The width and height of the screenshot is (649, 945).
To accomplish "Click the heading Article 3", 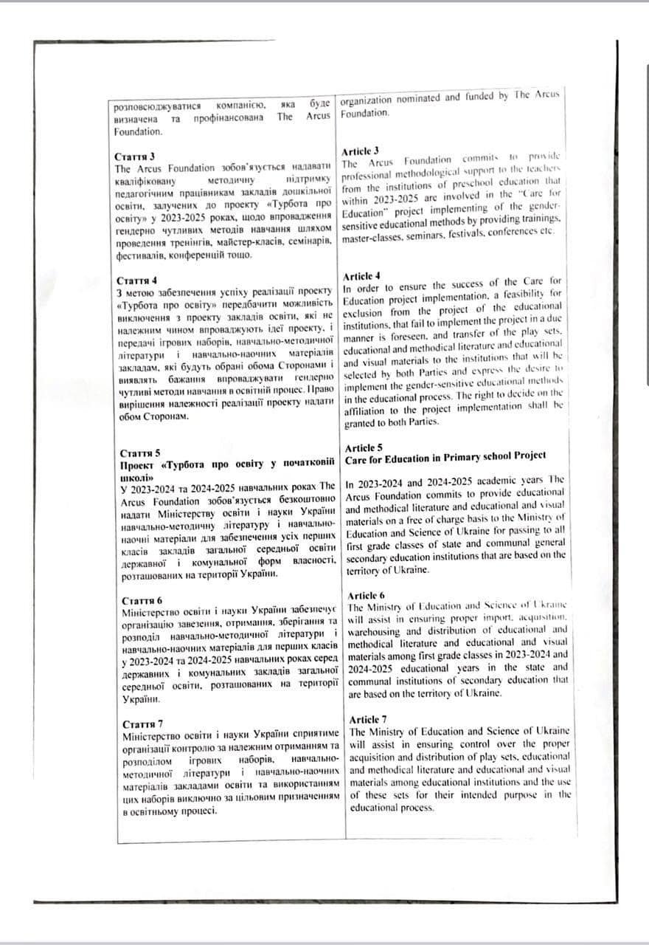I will pyautogui.click(x=361, y=151).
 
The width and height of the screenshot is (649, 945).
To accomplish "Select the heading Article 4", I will pyautogui.click(x=361, y=275).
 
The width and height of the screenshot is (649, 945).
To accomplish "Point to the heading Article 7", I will pyautogui.click(x=367, y=719).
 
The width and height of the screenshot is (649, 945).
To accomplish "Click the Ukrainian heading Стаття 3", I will pyautogui.click(x=135, y=157).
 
